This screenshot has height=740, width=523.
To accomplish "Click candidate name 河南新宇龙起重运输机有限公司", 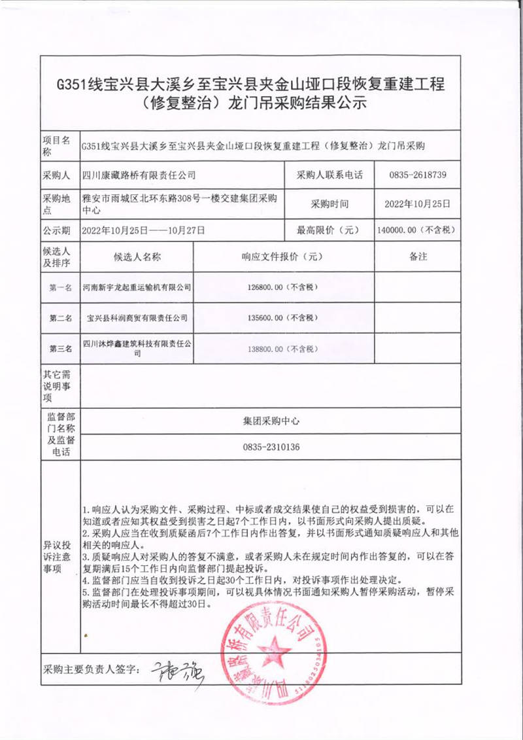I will pyautogui.click(x=137, y=287).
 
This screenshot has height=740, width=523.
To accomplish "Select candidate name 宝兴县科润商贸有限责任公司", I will pyautogui.click(x=137, y=318).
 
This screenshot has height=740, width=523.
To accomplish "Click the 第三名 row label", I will pyautogui.click(x=60, y=349).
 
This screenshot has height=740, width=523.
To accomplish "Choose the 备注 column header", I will pyautogui.click(x=418, y=256).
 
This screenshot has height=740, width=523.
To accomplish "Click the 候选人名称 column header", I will pyautogui.click(x=137, y=257).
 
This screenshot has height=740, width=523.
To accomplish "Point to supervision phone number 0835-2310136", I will pyautogui.click(x=271, y=447).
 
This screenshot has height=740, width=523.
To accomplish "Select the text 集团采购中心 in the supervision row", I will pyautogui.click(x=271, y=421).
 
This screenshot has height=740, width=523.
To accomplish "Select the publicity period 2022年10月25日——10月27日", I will pyautogui.click(x=144, y=230).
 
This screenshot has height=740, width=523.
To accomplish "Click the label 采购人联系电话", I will pyautogui.click(x=325, y=175).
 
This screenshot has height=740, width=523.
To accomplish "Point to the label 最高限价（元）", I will pyautogui.click(x=325, y=230).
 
